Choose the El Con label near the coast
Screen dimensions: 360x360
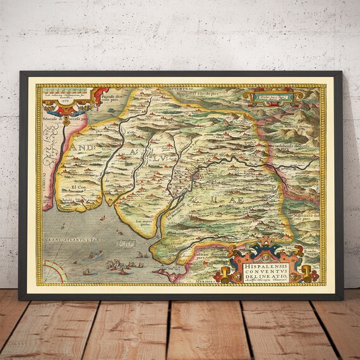[x=78, y=188]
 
